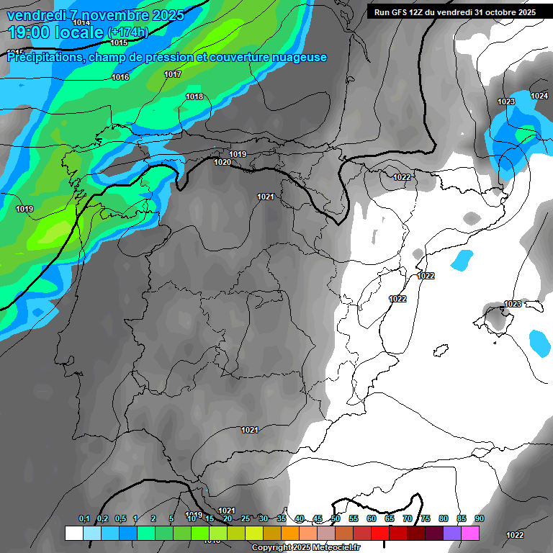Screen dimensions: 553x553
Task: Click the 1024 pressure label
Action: coord(539,96)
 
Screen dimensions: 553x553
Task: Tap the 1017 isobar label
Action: coord(173,74)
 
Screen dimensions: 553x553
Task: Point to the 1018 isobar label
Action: coord(194,96)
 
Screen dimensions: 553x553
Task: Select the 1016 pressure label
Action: coord(120,77)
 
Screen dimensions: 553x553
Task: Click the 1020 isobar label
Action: coord(222,162)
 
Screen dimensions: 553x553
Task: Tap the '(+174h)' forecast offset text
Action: coord(127,32)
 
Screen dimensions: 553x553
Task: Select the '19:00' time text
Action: coord(27,32)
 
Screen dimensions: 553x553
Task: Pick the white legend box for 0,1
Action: coord(73,534)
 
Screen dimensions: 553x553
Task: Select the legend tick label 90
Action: coord(480,518)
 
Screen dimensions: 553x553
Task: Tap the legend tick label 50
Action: coord(336,518)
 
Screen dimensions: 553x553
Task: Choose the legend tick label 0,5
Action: coord(120,518)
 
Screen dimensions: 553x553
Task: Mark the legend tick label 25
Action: coord(246,518)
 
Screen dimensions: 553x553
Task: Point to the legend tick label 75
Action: coord(426,518)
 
